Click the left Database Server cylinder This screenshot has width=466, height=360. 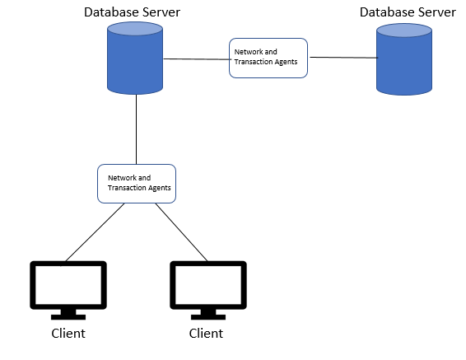(135, 58)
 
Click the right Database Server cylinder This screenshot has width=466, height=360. (404, 59)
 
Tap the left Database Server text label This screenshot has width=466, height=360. (132, 12)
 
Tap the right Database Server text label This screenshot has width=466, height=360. (408, 12)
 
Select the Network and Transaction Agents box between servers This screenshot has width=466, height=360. (268, 58)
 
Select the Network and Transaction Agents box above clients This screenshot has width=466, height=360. (137, 184)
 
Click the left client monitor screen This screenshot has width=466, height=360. (68, 285)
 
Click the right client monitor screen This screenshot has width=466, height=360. (208, 285)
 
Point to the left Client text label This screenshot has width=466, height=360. (68, 334)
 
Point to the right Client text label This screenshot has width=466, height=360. (206, 334)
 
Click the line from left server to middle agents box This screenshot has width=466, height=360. (196, 59)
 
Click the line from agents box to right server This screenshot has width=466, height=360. (343, 58)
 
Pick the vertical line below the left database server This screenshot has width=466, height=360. (136, 129)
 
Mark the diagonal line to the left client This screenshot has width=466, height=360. (95, 232)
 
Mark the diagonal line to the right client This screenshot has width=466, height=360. (182, 232)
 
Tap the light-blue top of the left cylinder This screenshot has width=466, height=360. (135, 29)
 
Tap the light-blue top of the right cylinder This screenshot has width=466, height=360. (404, 30)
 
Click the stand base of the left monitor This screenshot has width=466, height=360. (68, 317)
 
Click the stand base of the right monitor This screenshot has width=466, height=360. (208, 317)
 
